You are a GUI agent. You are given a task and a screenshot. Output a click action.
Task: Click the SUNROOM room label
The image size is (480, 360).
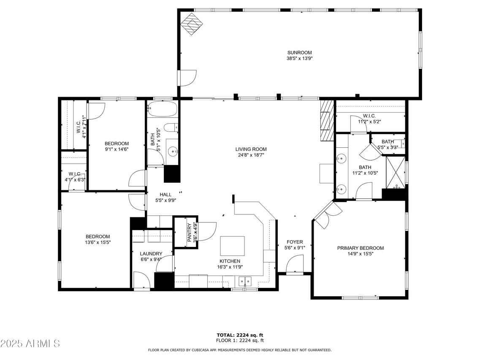click(x=299, y=52)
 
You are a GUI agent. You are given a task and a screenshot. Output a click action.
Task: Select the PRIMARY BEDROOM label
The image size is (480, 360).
click(x=360, y=248)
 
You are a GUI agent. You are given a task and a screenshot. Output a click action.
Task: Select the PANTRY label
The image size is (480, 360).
click(x=189, y=232)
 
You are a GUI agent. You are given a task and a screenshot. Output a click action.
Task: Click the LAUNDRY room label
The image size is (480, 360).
click(x=151, y=254)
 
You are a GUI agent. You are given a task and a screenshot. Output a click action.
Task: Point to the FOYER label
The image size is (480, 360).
click(x=295, y=242)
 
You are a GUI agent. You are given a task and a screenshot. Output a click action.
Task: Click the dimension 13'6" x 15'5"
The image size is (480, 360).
click(x=98, y=243)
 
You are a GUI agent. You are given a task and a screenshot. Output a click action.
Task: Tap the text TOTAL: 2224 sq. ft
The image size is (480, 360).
click(x=239, y=335)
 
